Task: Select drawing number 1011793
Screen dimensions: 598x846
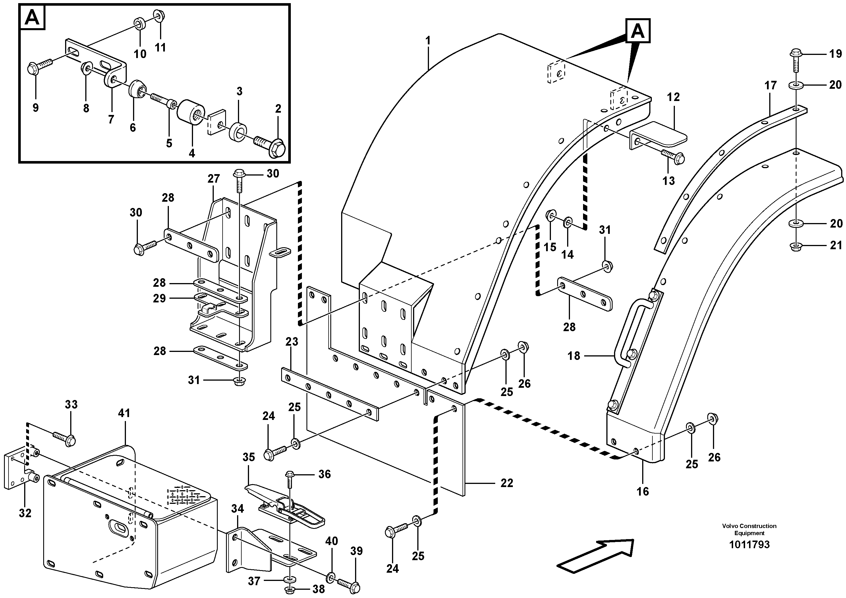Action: (749, 545)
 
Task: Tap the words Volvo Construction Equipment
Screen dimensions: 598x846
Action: (749, 529)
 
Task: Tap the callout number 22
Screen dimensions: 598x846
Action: (507, 483)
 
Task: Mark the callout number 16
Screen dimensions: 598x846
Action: (643, 491)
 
